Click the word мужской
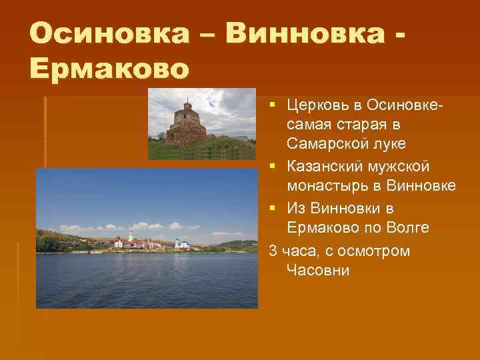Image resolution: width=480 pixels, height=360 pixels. pos(407,165)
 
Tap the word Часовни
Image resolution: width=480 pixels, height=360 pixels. pos(317,271)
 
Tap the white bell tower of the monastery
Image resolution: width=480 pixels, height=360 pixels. pos(131,238)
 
